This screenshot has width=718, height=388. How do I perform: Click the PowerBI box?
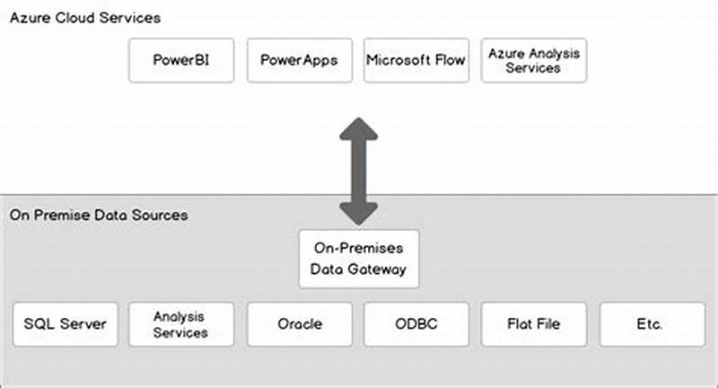(181, 60)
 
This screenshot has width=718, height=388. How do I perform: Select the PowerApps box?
(299, 60)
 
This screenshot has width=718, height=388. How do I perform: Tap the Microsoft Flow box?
(416, 60)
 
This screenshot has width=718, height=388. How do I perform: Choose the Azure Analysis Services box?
(534, 60)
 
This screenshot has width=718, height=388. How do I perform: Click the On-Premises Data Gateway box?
(358, 259)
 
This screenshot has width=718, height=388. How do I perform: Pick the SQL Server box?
(65, 324)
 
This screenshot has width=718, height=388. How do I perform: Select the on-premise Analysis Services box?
(180, 324)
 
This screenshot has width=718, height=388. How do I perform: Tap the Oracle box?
(299, 324)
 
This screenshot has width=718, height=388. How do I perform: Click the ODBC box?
(416, 324)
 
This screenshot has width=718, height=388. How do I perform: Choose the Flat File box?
(534, 324)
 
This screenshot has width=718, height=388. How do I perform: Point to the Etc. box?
(650, 324)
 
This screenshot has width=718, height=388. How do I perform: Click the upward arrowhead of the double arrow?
(358, 130)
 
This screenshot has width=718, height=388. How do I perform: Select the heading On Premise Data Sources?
(99, 216)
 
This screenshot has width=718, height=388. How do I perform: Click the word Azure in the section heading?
(28, 17)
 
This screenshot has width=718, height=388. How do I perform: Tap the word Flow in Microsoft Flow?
(449, 60)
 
